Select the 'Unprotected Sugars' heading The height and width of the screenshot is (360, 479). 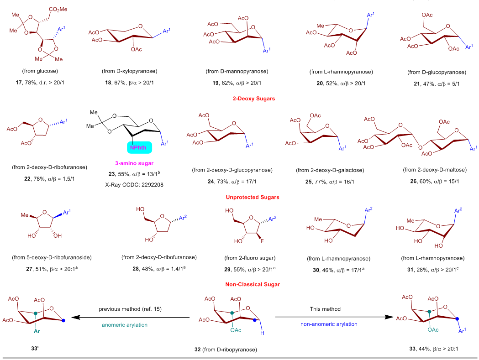[239, 198]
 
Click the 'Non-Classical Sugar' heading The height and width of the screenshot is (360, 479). [239, 284]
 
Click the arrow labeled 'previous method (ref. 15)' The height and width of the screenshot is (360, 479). [132, 317]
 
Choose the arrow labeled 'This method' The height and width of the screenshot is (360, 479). [330, 317]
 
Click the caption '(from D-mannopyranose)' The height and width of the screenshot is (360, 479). [238, 72]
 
